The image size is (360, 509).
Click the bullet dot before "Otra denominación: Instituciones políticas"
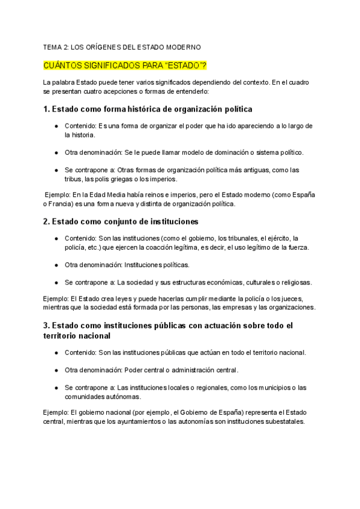pos(56,265)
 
